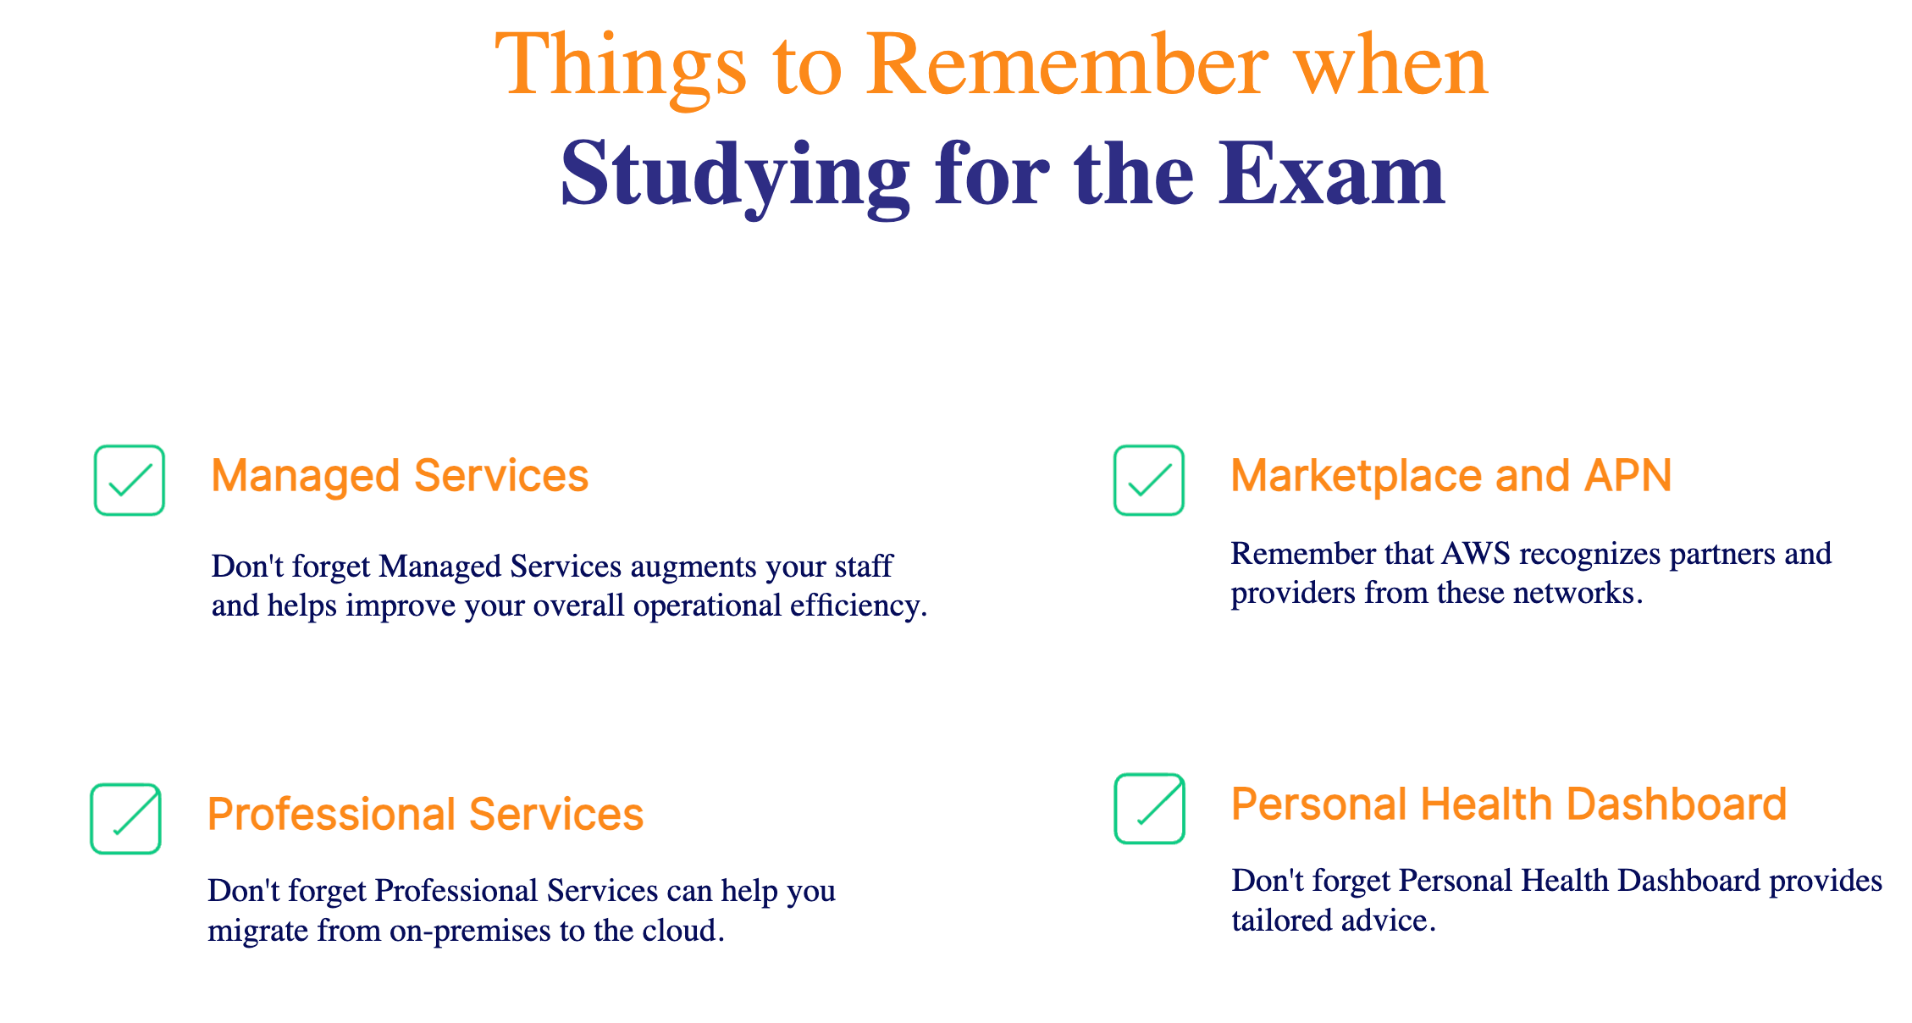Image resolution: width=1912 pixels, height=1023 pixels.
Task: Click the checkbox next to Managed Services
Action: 129,480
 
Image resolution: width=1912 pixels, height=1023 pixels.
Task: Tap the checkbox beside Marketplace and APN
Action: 1148,480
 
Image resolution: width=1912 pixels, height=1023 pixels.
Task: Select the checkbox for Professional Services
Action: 125,819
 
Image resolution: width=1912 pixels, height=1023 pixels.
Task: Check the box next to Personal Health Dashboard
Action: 1149,809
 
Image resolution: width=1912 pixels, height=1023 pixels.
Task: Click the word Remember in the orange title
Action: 1068,66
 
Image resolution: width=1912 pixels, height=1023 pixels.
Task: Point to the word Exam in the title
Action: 1332,174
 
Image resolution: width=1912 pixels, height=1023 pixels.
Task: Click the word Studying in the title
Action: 735,178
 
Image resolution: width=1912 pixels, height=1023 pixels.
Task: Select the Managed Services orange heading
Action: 400,476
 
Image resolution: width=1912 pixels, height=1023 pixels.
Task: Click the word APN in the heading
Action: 1628,476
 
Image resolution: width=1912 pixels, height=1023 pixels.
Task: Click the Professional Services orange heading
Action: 426,815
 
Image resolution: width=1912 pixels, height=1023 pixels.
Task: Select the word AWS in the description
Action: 1476,554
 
